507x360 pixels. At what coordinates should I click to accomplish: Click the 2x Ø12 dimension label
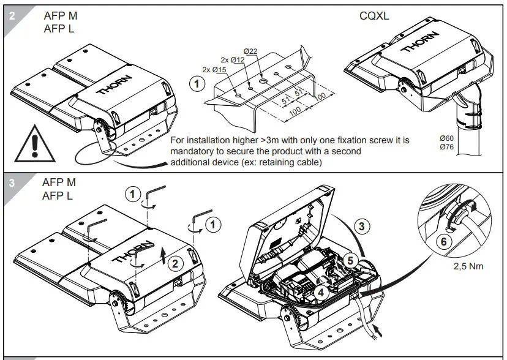(x=232, y=59)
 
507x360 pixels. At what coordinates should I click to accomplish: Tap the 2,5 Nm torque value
(x=468, y=268)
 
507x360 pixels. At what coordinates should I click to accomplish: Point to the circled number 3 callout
(x=362, y=226)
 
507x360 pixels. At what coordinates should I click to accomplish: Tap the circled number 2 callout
(x=175, y=264)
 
